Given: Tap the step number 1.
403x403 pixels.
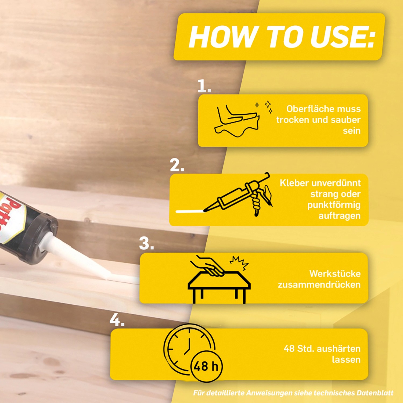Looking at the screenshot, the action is pyautogui.click(x=204, y=86).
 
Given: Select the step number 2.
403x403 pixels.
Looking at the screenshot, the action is pyautogui.click(x=177, y=165).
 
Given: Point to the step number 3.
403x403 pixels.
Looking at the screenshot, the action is pyautogui.click(x=146, y=243).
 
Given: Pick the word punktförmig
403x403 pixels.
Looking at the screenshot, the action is pyautogui.click(x=334, y=205).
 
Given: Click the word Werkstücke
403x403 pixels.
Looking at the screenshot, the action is pyautogui.click(x=335, y=274).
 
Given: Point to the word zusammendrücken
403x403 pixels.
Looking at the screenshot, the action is pyautogui.click(x=319, y=285).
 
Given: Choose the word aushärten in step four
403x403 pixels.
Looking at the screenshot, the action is pyautogui.click(x=339, y=349).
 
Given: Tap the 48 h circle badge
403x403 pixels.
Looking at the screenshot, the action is pyautogui.click(x=206, y=366).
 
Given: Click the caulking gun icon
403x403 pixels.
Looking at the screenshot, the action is pyautogui.click(x=238, y=195).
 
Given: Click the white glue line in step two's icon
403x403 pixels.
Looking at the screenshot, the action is pyautogui.click(x=189, y=211).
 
